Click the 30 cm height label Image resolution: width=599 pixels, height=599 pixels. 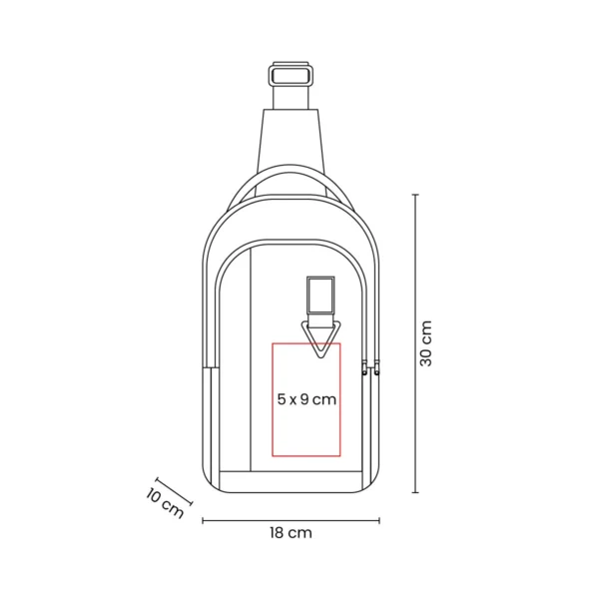pos(426,343)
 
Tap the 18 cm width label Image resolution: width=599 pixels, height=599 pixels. pos(291,533)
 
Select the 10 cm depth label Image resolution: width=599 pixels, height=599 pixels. pos(164,501)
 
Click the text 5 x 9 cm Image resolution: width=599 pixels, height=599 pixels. pos(306,399)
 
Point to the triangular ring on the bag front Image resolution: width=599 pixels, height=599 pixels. pos(320,337)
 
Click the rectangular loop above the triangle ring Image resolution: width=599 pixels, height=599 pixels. pos(320,295)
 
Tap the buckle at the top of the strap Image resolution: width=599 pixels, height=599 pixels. pos(292,75)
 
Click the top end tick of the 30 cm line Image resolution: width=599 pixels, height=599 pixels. pos(416,196)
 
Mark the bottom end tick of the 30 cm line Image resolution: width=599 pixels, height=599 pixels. pos(416,492)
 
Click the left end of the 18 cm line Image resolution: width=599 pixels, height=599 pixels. pos(204,519)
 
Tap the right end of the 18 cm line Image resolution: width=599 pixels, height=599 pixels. pos(379,519)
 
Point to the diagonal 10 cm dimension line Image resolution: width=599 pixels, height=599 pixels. pos(174,486)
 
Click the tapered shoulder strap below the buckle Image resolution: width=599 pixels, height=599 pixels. pos(292,135)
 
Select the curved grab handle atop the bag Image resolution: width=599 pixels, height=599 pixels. pos(292,180)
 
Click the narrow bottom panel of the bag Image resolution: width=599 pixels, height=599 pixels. pos(291,480)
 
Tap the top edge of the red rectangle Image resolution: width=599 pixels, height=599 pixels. pos(306,343)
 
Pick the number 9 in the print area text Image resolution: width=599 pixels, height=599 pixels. pos(304,399)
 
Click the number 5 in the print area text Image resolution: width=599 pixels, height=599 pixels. pos(282,399)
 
